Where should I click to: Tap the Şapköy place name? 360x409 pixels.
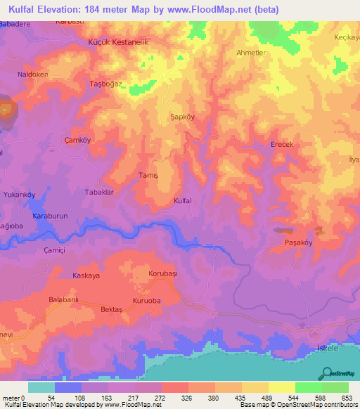tap(183, 118)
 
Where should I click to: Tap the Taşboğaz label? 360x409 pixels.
tap(106, 84)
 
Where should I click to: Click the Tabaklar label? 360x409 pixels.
tap(99, 191)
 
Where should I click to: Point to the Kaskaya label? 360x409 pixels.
tap(87, 276)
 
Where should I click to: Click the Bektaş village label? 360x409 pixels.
tap(111, 310)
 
